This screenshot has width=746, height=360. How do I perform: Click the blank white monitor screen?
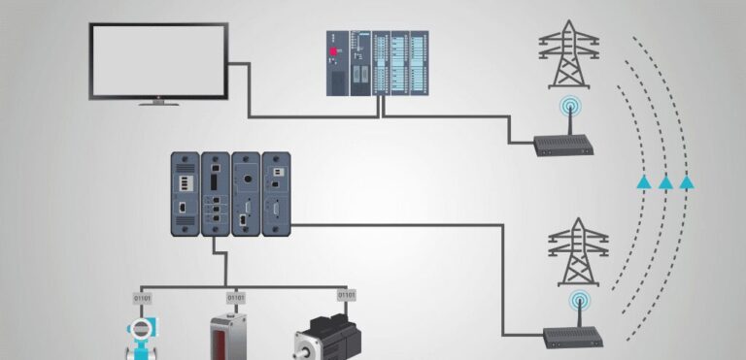click(x=158, y=59)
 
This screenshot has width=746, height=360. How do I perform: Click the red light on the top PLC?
click(x=335, y=49)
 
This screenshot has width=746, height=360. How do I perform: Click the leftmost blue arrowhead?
click(x=643, y=181)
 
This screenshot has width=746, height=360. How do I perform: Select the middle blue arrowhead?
click(x=665, y=181)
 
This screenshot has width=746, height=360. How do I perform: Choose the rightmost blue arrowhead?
click(x=687, y=181)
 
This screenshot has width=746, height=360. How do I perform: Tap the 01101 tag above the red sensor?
click(x=235, y=297)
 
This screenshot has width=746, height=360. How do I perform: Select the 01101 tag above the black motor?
click(x=347, y=294)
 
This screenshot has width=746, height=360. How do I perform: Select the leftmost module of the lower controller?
click(x=185, y=193)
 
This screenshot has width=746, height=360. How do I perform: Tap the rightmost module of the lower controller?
click(x=277, y=193)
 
